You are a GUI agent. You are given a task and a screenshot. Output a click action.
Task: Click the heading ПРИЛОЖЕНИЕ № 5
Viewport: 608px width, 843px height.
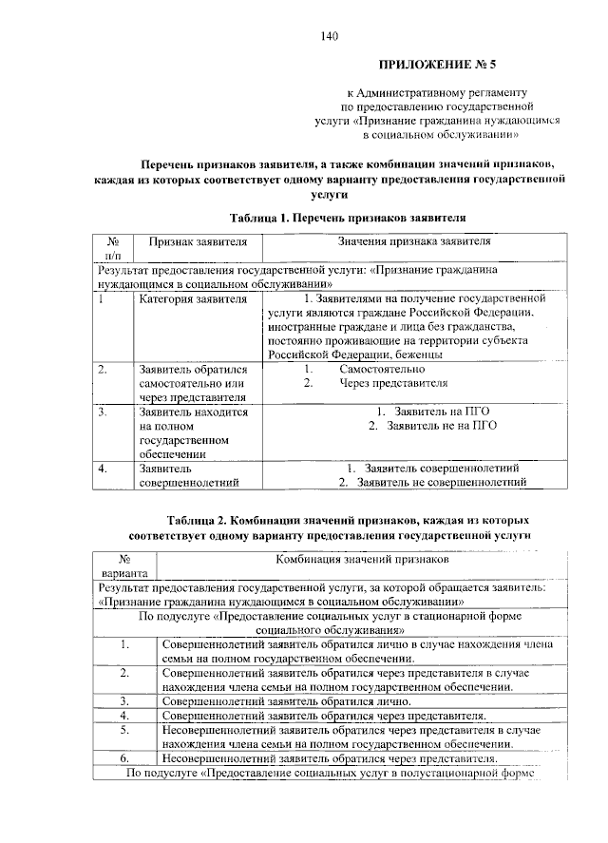pos(438,65)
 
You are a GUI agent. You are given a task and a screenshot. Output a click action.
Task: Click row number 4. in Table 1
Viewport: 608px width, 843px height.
pos(103,469)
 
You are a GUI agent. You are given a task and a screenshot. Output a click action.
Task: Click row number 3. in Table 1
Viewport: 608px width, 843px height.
pos(103,412)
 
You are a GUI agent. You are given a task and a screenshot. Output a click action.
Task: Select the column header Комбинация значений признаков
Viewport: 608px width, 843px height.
pos(362,561)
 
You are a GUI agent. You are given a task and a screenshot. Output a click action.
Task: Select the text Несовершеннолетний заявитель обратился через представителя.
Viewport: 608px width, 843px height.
pos(330,758)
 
